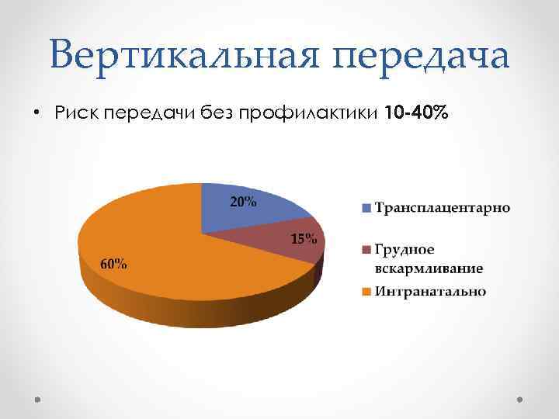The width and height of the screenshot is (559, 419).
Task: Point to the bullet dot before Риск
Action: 36,113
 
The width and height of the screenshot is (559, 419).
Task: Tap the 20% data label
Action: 243,203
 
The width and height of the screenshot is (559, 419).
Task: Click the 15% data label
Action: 304,238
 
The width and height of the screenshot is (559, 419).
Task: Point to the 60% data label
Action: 114,264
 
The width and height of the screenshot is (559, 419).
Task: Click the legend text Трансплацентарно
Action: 443,207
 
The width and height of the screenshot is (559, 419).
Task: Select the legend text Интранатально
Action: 431,292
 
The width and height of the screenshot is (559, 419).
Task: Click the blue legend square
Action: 366,208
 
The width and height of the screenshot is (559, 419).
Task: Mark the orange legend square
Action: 366,293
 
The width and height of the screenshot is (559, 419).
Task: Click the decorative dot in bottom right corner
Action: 519,400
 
